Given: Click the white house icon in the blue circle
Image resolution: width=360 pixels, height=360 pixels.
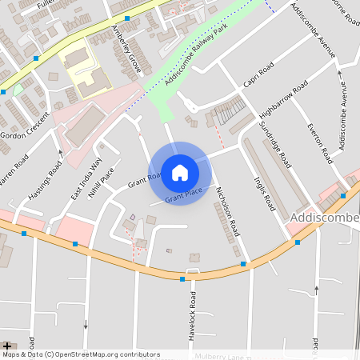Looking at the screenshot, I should (180, 173).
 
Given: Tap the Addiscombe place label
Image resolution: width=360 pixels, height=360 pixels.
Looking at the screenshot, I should (325, 218).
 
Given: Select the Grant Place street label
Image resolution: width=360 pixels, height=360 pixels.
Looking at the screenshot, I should (183, 194).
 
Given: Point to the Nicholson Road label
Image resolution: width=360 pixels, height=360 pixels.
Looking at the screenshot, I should (228, 211).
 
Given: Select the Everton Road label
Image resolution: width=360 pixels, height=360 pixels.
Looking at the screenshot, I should (318, 144).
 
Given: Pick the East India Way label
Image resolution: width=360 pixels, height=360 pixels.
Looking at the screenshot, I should (86, 177).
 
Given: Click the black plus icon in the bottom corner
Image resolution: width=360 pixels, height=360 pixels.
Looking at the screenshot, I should (7, 346).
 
